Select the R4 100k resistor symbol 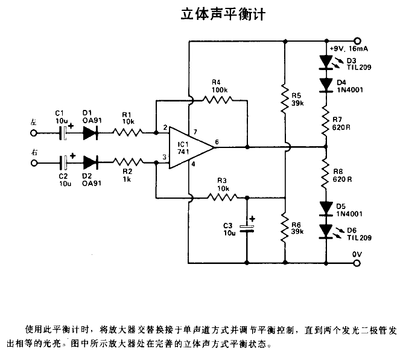coord(220,100)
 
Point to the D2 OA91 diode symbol coord(91,161)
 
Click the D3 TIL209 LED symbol coord(326,61)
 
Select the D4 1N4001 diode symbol coord(326,83)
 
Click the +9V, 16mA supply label coord(348,48)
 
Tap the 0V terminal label coord(357,254)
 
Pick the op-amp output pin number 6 coord(217,142)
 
